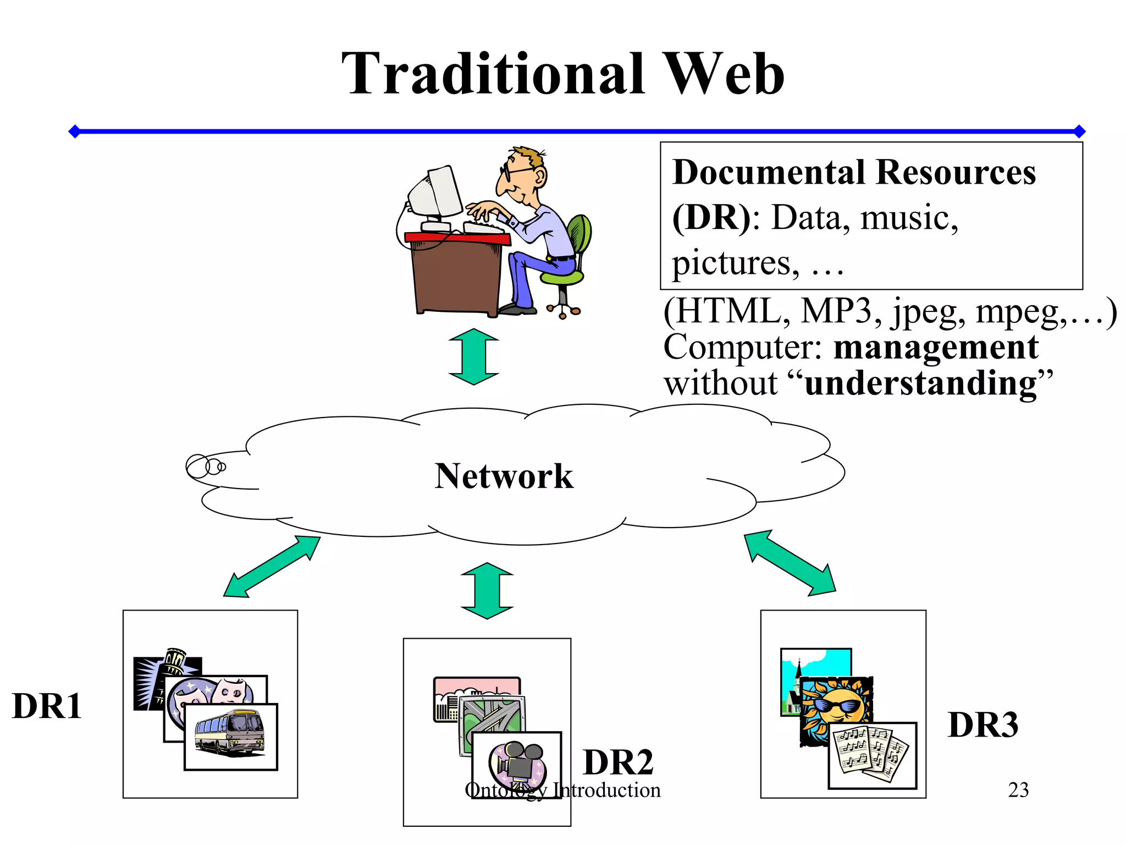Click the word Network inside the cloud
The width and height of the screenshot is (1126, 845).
(504, 476)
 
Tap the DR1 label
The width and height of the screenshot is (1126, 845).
(47, 706)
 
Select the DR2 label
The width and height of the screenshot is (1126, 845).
(618, 762)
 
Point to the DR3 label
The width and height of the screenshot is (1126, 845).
(983, 725)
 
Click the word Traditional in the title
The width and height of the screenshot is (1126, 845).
(493, 74)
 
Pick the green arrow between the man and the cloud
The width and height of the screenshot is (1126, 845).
(473, 356)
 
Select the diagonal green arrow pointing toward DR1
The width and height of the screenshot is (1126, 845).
(272, 567)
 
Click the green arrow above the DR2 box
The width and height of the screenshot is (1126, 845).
(487, 591)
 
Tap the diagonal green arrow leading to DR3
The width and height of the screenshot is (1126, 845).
(790, 562)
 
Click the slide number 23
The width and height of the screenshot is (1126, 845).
(1018, 790)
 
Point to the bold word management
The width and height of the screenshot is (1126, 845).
(936, 348)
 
